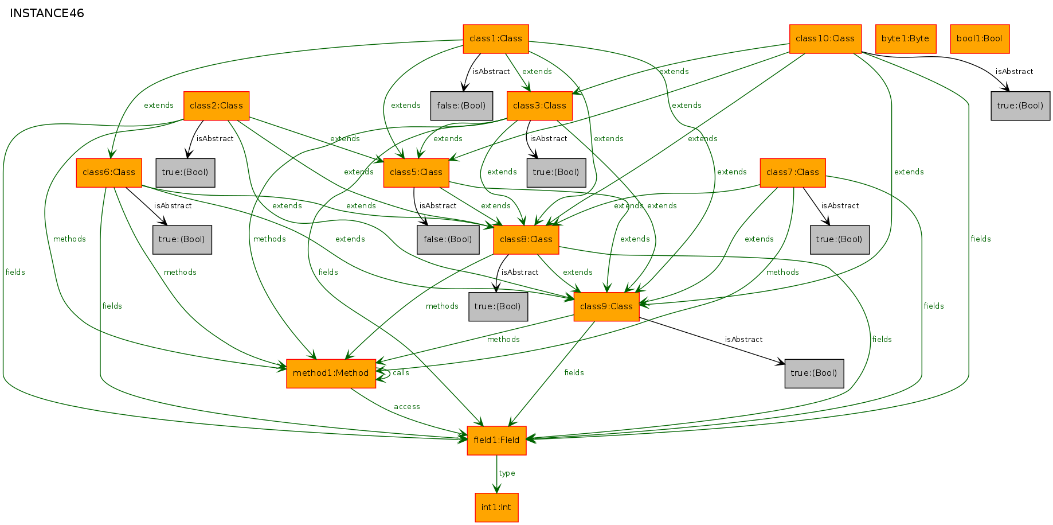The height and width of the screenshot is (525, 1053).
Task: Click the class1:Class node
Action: (496, 39)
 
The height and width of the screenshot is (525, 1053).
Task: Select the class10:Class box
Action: (825, 39)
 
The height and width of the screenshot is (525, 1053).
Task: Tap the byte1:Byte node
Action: (906, 39)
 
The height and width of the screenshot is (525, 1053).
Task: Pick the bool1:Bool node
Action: (980, 39)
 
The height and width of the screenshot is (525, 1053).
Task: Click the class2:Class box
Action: (216, 106)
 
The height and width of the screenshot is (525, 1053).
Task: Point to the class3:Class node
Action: (539, 106)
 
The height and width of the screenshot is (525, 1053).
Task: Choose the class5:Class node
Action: (416, 173)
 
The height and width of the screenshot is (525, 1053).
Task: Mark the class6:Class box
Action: (109, 173)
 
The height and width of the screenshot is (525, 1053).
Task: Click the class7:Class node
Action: (793, 173)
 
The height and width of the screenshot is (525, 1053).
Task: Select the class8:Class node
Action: (526, 240)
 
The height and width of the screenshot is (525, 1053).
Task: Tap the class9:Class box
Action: (606, 307)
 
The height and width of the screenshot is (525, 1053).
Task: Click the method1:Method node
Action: (331, 374)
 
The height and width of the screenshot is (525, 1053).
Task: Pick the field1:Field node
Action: (496, 441)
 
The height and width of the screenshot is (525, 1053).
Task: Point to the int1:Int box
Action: (496, 508)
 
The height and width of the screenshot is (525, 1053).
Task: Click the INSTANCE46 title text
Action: (47, 13)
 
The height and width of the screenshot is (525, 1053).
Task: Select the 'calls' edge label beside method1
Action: (401, 373)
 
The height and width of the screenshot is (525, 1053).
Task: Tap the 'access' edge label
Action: (407, 407)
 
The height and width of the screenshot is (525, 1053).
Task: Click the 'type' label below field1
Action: (507, 473)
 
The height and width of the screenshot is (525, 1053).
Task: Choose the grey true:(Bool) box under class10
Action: (1020, 106)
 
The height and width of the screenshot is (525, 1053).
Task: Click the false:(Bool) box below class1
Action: (461, 106)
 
